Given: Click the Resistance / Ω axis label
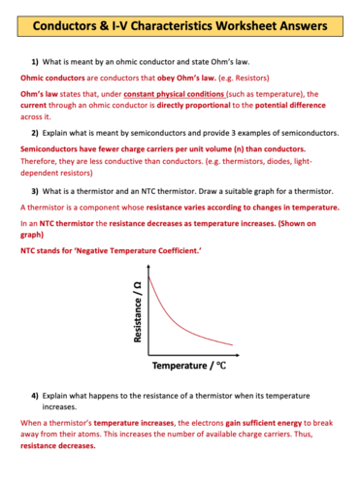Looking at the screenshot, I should tap(138, 307).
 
